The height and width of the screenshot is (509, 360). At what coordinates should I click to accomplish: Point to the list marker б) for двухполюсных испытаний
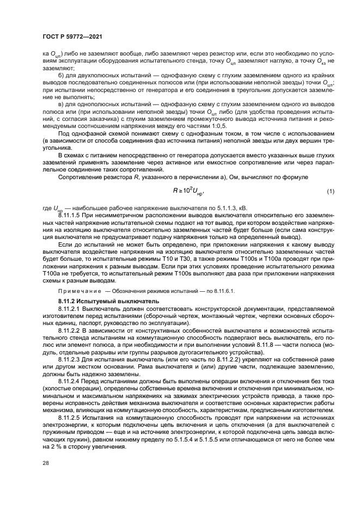(61, 74)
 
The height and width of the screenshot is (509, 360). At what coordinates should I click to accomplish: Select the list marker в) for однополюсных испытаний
(61, 103)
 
